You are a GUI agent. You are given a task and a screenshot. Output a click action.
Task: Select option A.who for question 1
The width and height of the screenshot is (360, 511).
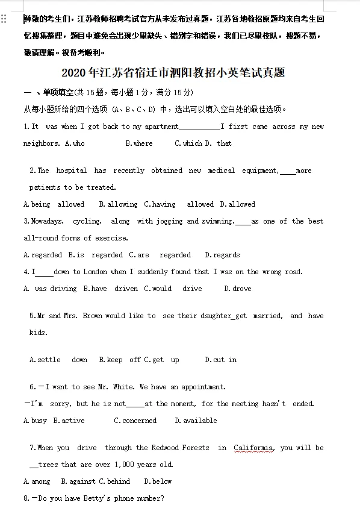75,143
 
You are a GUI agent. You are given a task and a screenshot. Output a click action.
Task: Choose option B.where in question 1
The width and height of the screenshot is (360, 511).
139,143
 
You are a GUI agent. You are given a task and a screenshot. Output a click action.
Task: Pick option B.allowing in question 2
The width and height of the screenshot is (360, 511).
118,204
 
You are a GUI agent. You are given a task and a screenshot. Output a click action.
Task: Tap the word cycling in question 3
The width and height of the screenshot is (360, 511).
87,221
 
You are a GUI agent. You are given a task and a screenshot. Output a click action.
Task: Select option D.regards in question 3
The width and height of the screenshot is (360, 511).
222,255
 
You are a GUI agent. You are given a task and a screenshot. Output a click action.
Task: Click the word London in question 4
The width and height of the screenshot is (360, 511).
95,272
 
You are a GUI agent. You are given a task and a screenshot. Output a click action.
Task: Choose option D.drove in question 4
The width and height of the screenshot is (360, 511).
238,289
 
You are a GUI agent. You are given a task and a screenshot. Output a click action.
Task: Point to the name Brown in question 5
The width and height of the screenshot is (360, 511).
92,316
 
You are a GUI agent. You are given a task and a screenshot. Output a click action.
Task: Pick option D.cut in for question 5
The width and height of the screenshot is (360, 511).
220,360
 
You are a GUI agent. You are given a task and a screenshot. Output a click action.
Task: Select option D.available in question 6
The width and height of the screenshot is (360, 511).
196,421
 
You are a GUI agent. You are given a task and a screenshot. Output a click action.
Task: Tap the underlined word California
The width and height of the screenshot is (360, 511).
253,448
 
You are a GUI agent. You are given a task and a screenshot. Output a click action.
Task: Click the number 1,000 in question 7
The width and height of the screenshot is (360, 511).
126,465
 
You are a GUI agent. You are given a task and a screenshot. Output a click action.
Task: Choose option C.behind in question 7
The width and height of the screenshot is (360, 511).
114,481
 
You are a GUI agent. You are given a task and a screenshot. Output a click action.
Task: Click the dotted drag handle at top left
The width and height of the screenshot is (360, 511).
4,19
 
